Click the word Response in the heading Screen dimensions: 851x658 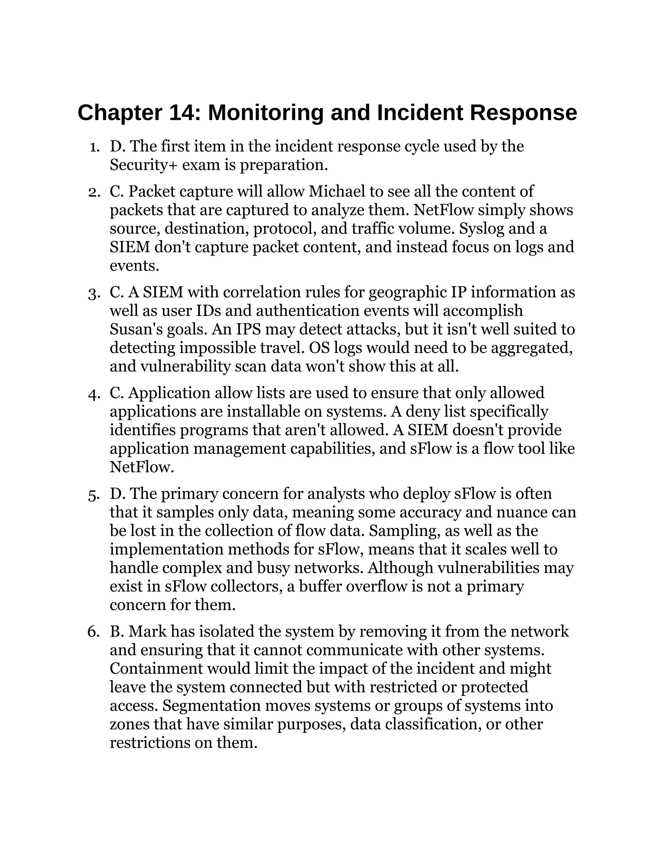click(523, 113)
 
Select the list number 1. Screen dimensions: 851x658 click(93, 147)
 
